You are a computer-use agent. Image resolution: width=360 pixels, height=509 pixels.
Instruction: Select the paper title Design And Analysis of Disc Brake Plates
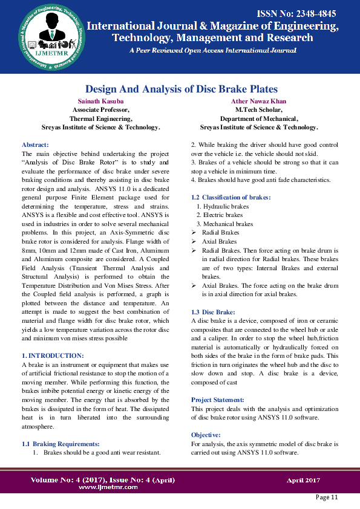[x=181, y=89]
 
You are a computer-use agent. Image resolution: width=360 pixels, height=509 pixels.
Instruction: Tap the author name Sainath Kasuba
[x=101, y=101]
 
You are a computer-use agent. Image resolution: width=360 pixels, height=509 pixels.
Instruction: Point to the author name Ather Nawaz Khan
[x=259, y=101]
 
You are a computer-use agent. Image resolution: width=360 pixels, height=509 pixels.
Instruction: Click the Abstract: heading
[x=34, y=145]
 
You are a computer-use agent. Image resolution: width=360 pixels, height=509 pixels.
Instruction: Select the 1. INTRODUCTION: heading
[x=53, y=355]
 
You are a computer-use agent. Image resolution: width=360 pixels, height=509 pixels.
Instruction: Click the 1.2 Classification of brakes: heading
[x=231, y=198]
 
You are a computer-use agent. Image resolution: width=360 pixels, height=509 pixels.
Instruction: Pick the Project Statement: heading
[x=218, y=400]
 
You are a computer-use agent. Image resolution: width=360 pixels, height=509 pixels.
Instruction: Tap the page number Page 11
[x=327, y=497]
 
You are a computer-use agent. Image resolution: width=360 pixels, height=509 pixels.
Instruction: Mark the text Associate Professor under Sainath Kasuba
[x=101, y=110]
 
